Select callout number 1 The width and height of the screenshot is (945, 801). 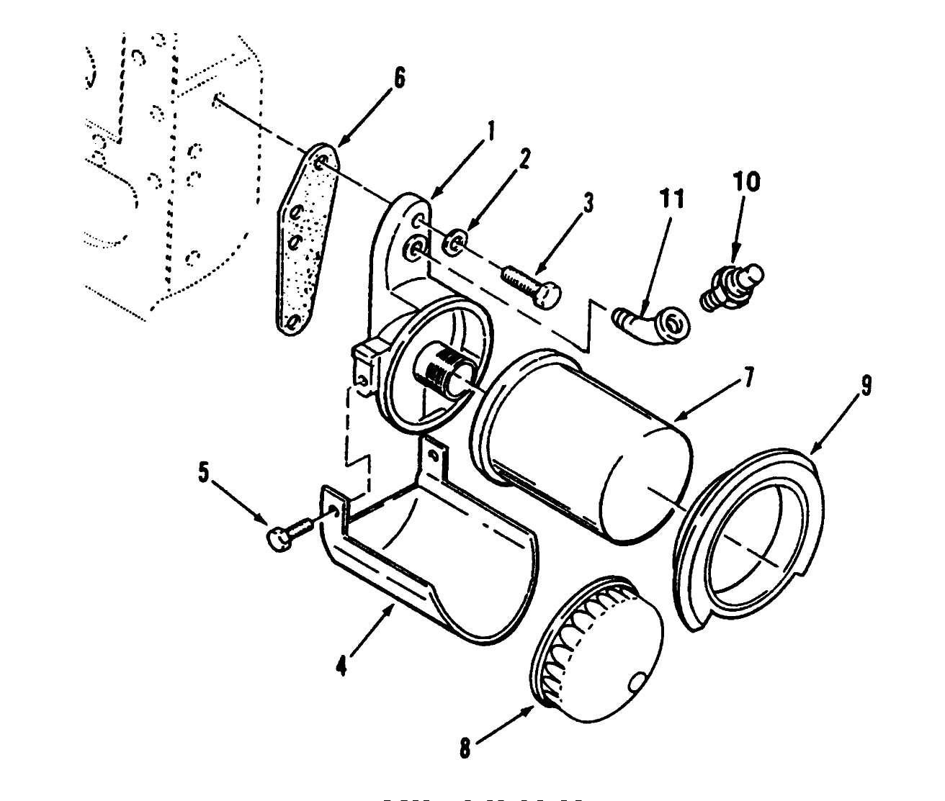pos(491,132)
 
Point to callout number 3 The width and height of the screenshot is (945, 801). pos(588,204)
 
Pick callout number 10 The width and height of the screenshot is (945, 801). pos(747,182)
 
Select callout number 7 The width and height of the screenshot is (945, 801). pos(749,377)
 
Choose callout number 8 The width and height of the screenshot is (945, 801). pos(465,748)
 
